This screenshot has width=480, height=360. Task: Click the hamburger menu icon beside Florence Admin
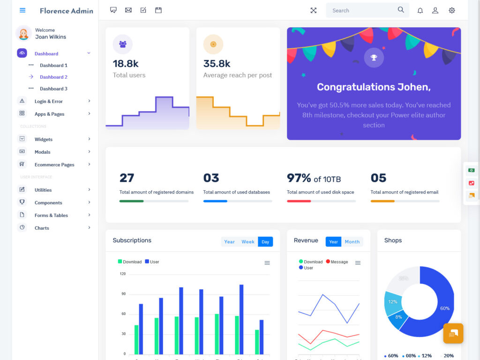(x=22, y=10)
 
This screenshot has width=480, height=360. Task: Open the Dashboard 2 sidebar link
(x=53, y=77)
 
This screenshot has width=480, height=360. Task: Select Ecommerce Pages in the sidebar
(x=54, y=165)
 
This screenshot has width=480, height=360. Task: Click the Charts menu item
(x=42, y=228)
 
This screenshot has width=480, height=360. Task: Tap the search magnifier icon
(x=401, y=10)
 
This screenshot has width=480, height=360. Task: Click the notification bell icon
(x=420, y=10)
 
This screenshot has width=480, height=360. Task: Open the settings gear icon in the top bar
(x=452, y=10)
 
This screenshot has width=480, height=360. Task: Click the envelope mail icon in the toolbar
(x=128, y=10)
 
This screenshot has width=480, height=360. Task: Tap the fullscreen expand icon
(x=314, y=10)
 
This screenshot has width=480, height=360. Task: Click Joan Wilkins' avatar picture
(x=23, y=33)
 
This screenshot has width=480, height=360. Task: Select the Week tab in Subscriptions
(x=248, y=242)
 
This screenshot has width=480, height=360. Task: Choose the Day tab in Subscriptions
(x=265, y=242)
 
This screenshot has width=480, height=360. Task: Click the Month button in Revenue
(x=352, y=242)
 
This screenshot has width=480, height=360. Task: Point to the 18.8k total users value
(x=126, y=64)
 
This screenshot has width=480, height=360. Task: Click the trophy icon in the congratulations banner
(x=374, y=58)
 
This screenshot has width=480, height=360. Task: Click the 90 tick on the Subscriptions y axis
(x=124, y=294)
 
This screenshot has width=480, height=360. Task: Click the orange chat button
(x=453, y=333)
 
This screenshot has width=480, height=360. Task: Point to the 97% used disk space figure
(x=299, y=178)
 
